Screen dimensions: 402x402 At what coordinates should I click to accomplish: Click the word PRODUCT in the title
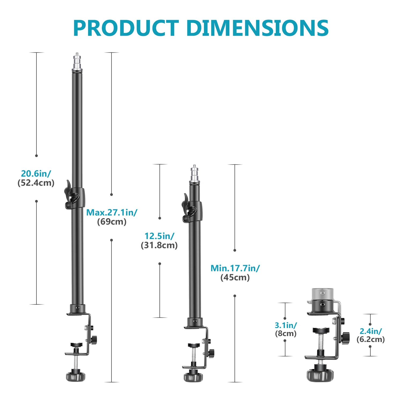coord(126,28)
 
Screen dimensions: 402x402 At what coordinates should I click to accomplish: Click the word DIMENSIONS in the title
coord(257,28)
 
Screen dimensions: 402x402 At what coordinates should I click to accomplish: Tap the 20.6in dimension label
coord(36,174)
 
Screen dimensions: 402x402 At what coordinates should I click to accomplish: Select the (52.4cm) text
coord(36,183)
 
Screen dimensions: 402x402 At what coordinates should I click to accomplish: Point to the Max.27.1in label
coord(112,213)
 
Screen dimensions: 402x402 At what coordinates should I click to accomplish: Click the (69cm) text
coord(112,222)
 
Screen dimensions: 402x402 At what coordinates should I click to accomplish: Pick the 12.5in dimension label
coord(159,236)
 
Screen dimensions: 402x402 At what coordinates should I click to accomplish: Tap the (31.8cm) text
coord(159,245)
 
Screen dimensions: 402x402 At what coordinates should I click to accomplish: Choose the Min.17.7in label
coord(235,268)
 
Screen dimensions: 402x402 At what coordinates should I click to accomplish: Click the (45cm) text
coord(235,278)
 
